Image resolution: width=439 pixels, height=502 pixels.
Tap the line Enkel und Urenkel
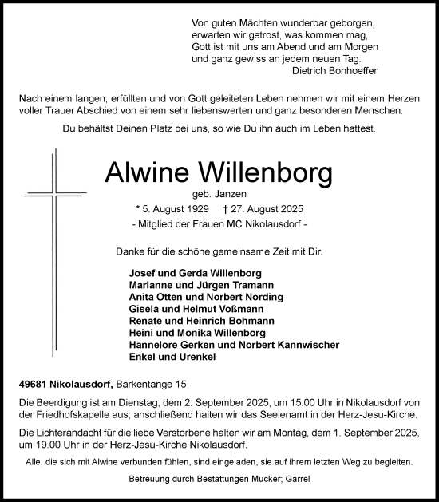162,357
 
